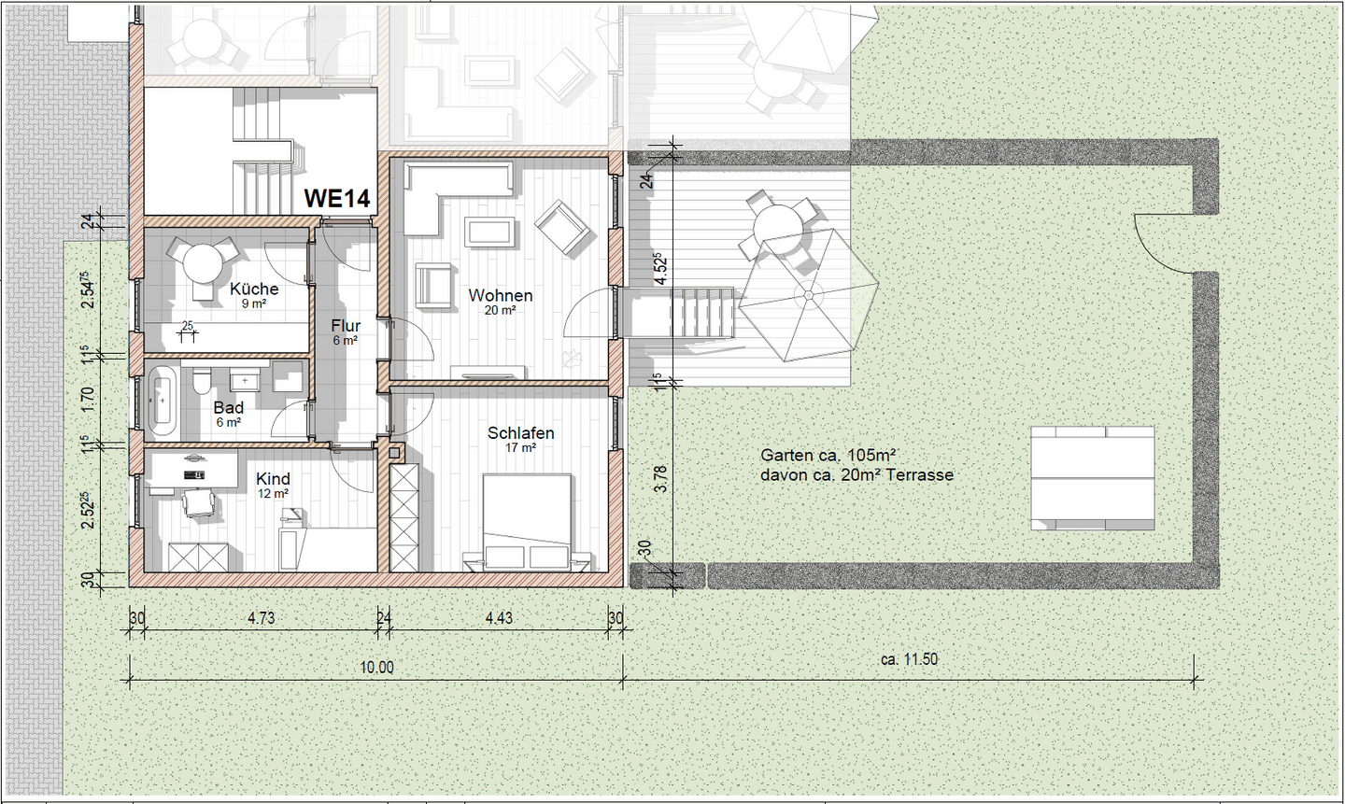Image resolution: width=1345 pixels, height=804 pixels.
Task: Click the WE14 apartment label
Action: click(337, 198)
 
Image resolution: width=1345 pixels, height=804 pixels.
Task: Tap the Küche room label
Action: click(254, 289)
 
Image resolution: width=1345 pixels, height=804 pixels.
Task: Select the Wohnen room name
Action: click(501, 295)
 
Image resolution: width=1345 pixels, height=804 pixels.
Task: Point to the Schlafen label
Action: click(520, 433)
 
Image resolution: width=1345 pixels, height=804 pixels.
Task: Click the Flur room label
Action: click(346, 326)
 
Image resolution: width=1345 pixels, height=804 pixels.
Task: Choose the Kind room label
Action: click(273, 478)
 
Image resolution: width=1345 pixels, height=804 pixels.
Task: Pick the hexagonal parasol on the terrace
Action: click(808, 295)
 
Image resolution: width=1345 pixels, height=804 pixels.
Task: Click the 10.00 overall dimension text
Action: click(376, 668)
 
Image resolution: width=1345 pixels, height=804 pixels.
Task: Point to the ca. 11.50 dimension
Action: click(909, 659)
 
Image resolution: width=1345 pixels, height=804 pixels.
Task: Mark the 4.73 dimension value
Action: click(262, 618)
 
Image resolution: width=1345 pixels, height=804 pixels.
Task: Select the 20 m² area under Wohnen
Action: click(501, 310)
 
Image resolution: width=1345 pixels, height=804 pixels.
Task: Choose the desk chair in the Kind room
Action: click(199, 502)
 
